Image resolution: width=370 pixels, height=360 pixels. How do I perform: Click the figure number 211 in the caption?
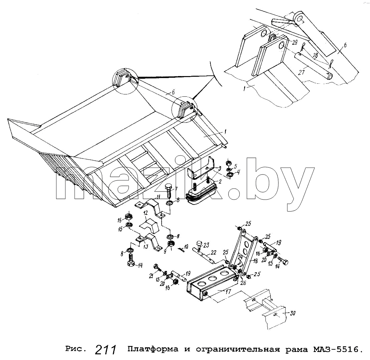click(106, 350)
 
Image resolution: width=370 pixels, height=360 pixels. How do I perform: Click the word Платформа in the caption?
click(153, 349)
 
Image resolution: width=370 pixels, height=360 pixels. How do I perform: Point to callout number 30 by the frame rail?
click(293, 313)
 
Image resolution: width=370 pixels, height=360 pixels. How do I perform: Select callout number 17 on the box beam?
click(228, 292)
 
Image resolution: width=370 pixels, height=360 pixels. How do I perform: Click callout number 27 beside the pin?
click(301, 72)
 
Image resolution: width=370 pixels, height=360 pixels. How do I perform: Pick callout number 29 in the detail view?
click(295, 43)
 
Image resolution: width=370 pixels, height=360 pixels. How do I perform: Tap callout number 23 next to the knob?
click(206, 246)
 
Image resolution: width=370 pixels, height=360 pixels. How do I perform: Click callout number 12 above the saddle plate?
click(146, 213)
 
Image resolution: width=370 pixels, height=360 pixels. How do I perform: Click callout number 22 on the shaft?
click(213, 253)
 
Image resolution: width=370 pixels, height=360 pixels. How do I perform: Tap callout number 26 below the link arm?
click(243, 283)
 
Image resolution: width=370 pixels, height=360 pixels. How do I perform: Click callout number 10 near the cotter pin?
click(186, 247)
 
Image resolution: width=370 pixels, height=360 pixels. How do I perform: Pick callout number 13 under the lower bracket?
click(146, 247)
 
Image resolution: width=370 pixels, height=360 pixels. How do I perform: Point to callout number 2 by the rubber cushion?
click(220, 182)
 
